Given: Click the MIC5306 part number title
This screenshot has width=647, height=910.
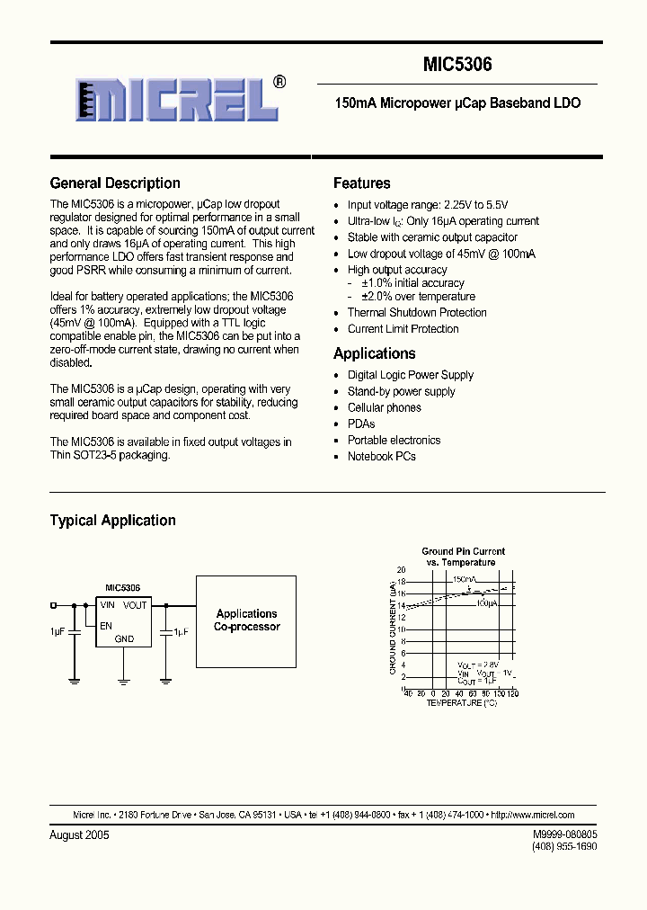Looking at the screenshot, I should [x=457, y=66].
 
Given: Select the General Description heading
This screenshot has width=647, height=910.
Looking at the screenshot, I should [x=115, y=183].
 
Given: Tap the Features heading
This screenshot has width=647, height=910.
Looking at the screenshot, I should [x=361, y=183].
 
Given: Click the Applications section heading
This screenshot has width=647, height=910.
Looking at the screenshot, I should [x=374, y=353].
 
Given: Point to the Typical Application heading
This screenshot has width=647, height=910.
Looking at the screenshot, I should [x=112, y=521].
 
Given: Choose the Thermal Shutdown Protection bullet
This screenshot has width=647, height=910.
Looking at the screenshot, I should [x=417, y=313].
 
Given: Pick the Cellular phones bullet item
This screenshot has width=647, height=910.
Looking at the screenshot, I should [x=384, y=407].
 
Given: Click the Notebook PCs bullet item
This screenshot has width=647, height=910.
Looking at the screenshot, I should [x=381, y=456].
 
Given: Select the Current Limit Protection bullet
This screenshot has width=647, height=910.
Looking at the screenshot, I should [x=403, y=329].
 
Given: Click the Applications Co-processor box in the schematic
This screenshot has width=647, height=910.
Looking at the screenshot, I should [x=246, y=620].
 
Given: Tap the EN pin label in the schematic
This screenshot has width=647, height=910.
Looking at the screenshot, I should [x=106, y=624].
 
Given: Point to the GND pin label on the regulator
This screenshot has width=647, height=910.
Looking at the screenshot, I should [x=124, y=639].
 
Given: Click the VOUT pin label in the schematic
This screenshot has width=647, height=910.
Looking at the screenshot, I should [x=135, y=605].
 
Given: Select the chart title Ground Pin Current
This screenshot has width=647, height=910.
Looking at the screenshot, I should [x=463, y=551].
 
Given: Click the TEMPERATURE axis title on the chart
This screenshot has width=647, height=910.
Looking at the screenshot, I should [x=460, y=702].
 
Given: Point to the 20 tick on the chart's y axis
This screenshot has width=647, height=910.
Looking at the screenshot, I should [x=401, y=570].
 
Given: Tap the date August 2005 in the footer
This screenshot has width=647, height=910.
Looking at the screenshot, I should [x=79, y=835].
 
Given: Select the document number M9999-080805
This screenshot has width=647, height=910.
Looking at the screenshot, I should [x=564, y=834].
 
